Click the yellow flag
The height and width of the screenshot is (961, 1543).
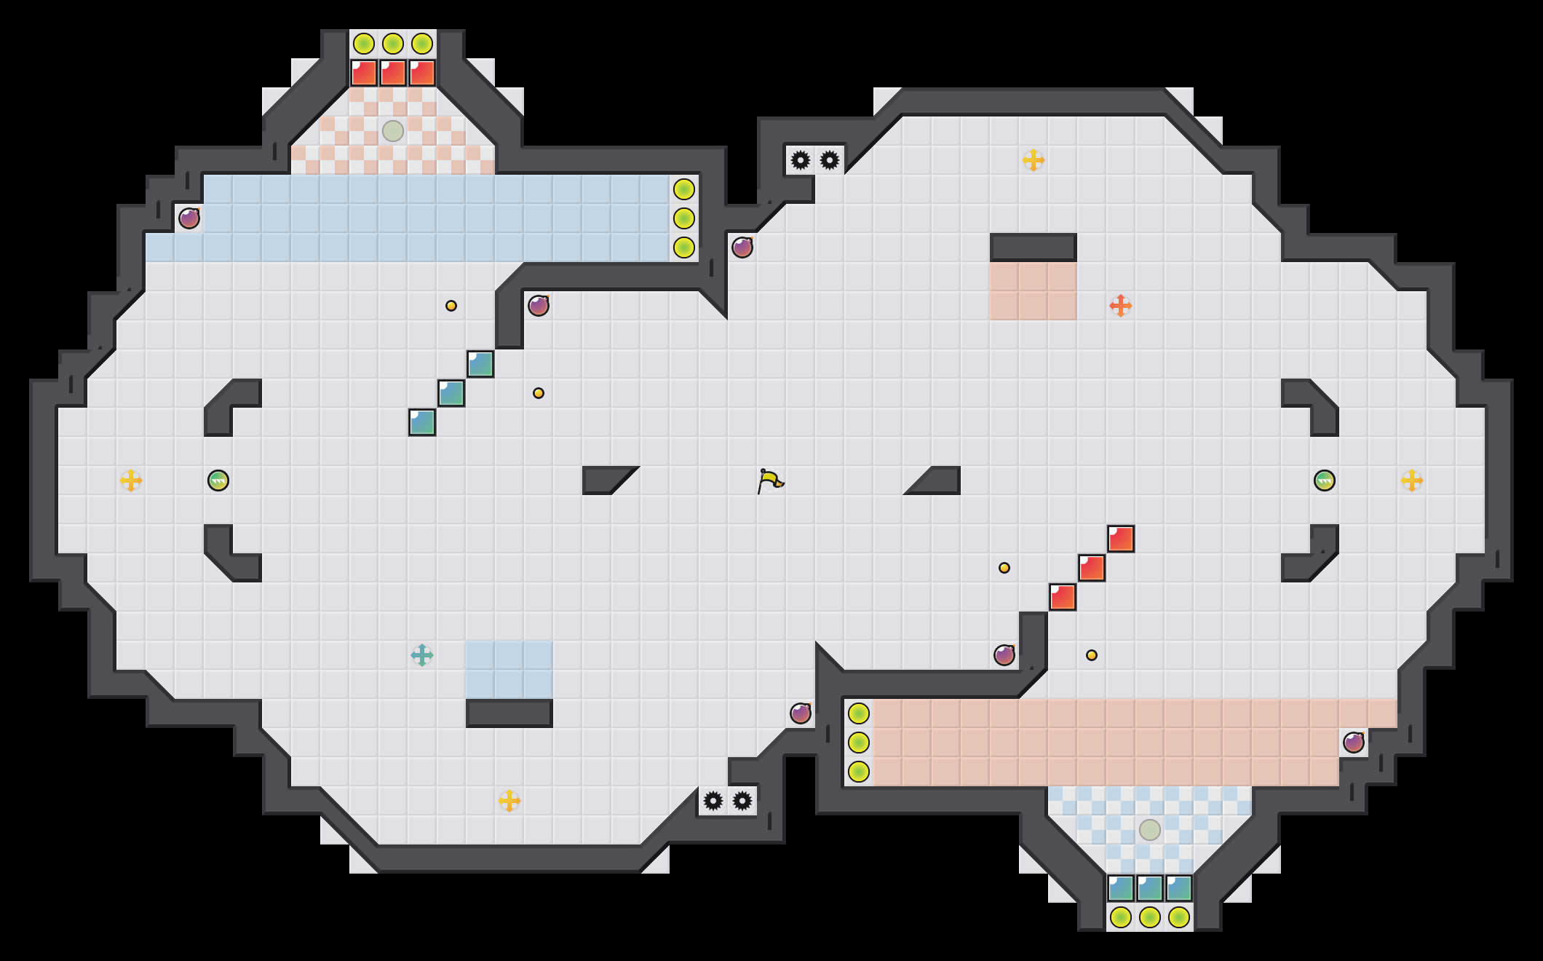click(x=770, y=480)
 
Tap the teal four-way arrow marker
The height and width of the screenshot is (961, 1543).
click(x=422, y=655)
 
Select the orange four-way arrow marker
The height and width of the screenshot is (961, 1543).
click(x=1121, y=306)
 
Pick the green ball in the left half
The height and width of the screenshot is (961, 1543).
click(x=218, y=480)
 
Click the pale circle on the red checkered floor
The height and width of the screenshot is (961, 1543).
click(x=393, y=131)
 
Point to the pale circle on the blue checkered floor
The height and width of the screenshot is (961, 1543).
click(x=1150, y=830)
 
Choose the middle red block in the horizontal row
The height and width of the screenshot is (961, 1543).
click(x=393, y=73)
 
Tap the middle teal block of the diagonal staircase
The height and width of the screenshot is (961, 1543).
click(x=451, y=393)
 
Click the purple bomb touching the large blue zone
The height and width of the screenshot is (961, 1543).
click(x=189, y=218)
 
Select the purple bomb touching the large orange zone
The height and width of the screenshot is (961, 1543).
click(x=1354, y=743)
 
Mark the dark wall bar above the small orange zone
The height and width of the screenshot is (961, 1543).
click(x=1034, y=248)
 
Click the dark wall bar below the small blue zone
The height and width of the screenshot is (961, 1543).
click(x=509, y=713)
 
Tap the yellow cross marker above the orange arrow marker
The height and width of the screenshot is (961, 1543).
click(x=1034, y=160)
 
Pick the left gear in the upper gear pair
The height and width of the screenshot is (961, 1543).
click(x=801, y=160)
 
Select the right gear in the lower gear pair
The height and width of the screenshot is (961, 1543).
click(x=742, y=801)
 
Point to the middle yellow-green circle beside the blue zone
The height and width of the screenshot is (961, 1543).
click(x=684, y=218)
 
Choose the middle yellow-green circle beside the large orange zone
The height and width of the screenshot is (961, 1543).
click(x=859, y=743)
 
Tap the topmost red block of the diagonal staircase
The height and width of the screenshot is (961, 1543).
click(x=1121, y=539)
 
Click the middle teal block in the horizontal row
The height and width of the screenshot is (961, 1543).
click(x=1150, y=888)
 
